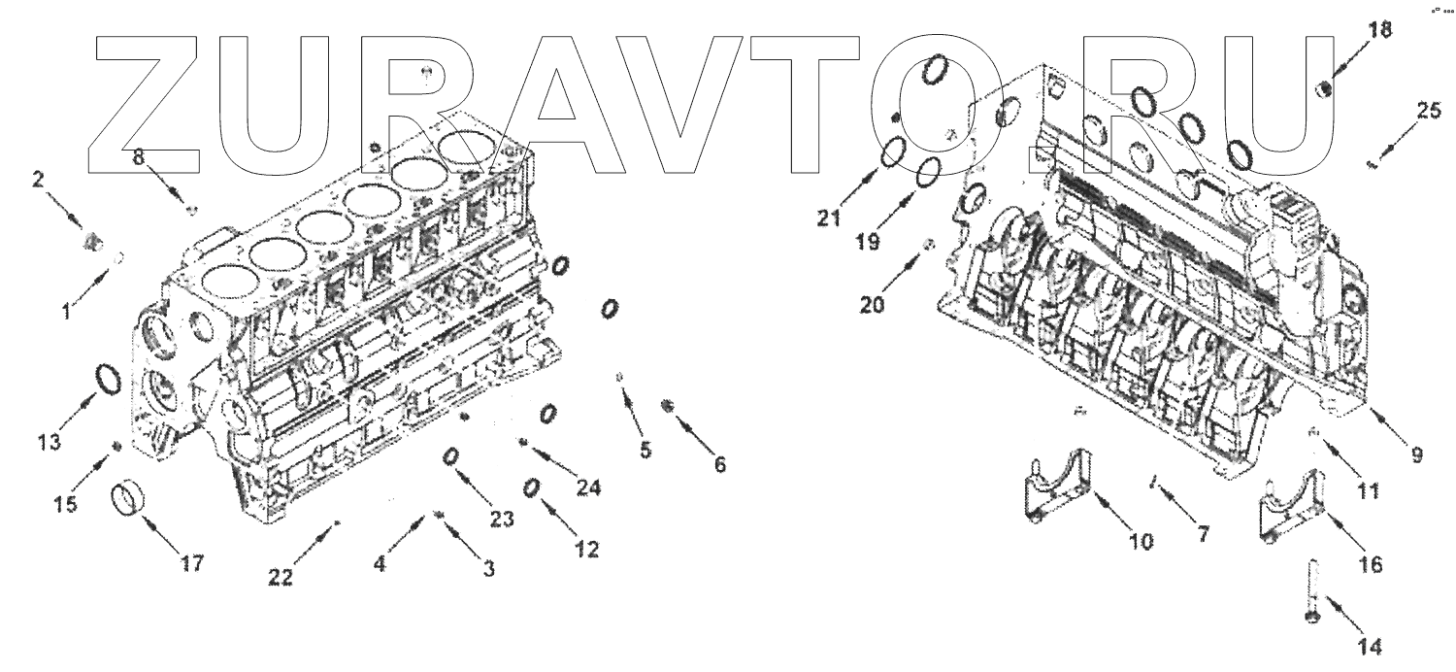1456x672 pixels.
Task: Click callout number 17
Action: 192,562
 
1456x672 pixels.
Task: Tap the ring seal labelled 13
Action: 109,380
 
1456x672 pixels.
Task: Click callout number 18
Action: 1378,30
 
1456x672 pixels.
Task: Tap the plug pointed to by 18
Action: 1322,89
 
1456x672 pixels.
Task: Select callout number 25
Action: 1428,111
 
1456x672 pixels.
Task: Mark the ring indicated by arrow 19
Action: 928,171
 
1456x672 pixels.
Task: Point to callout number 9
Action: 1416,452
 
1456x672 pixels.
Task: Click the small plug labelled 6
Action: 665,404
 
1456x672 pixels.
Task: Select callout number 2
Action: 39,179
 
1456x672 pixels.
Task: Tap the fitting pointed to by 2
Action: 93,240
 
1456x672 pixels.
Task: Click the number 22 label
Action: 281,576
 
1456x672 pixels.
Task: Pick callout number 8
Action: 139,156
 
